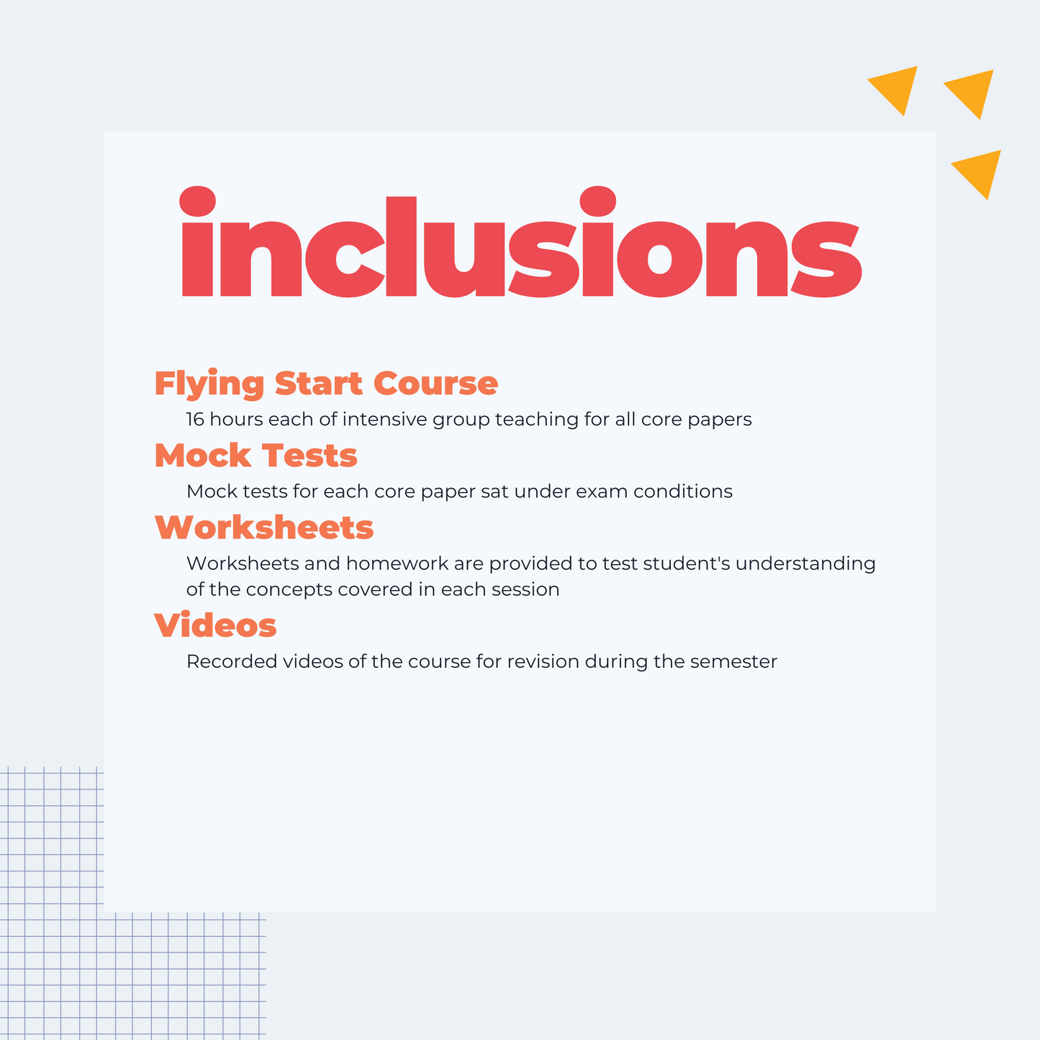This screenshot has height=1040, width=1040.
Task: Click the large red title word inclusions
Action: [x=521, y=242]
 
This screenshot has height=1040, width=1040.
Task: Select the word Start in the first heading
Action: [x=318, y=383]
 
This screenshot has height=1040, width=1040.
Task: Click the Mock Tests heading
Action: [x=256, y=455]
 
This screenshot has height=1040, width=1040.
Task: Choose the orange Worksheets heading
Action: [x=264, y=527]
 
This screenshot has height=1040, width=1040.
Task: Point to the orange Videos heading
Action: [x=215, y=625]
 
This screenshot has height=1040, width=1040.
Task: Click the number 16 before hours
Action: [x=195, y=420]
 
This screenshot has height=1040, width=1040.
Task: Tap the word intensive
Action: [x=385, y=420]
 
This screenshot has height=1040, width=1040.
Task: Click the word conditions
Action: [x=683, y=491]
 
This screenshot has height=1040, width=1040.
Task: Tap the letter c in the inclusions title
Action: [x=345, y=259]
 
